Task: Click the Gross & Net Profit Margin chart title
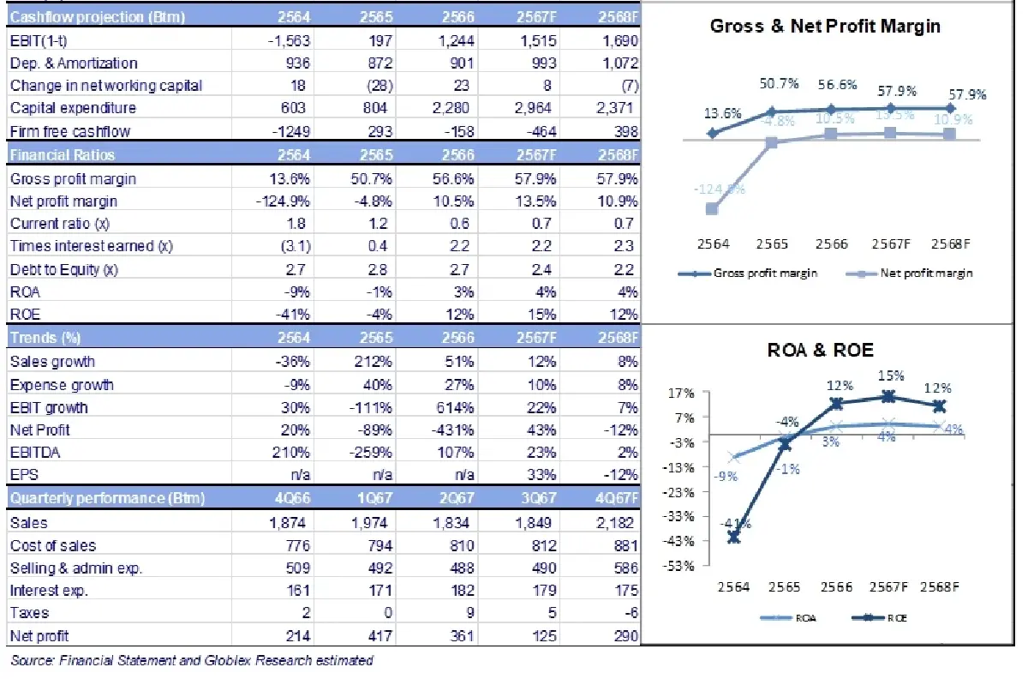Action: (825, 27)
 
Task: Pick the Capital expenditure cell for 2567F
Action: (538, 108)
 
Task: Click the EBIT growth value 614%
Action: (457, 407)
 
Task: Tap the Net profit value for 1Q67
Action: (374, 635)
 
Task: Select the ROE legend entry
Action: (882, 617)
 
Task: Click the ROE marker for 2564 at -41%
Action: (734, 537)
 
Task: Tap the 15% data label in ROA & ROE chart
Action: (888, 376)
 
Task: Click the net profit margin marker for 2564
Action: (713, 208)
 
